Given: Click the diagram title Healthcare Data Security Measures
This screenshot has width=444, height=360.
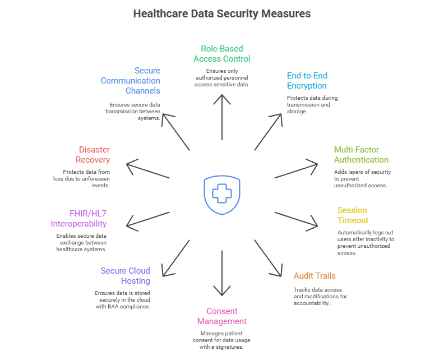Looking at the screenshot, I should tap(221, 13).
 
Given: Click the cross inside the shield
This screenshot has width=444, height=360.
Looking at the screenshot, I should tap(222, 194).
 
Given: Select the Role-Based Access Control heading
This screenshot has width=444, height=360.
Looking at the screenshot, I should tap(221, 53).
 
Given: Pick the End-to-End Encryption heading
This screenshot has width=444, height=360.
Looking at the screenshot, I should tap(307, 81).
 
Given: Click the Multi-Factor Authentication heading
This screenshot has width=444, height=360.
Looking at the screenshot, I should tap(360, 155).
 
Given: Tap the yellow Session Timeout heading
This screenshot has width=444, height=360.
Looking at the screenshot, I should tap(353, 215).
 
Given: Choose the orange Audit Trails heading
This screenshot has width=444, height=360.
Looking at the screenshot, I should tap(314, 276).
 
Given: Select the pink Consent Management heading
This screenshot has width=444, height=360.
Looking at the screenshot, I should tap(221, 316).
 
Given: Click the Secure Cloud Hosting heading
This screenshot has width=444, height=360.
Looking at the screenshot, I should tap(126, 276).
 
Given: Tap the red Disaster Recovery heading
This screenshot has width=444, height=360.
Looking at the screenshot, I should tap(94, 155).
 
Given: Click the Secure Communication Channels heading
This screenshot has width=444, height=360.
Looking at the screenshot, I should tap(131, 81).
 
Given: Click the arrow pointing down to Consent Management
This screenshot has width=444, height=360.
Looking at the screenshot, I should tap(222, 273).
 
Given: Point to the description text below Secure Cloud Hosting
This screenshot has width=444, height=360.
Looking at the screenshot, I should tap(123, 299).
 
